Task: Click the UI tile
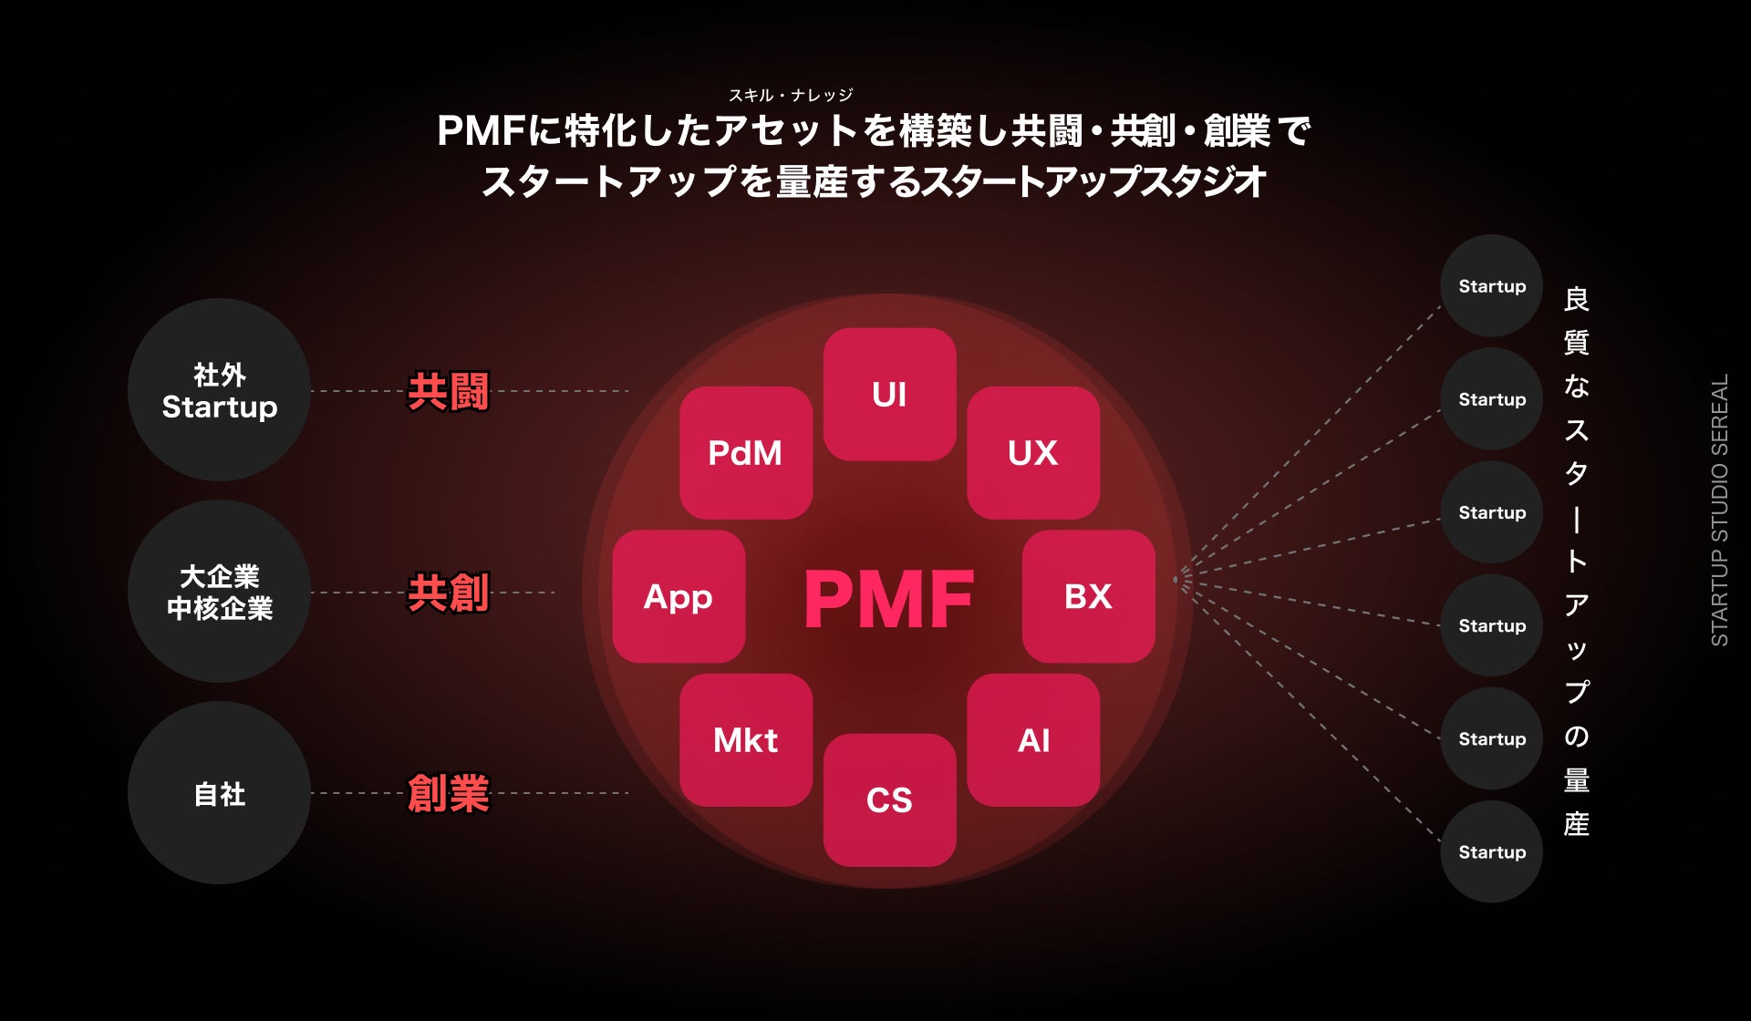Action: (x=889, y=394)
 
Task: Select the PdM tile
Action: (x=746, y=452)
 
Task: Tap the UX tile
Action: (x=1033, y=452)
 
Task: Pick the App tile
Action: (x=679, y=596)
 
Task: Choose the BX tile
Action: (x=1088, y=596)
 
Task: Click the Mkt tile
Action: (x=746, y=739)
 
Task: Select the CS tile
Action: (x=889, y=799)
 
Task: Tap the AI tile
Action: (x=1033, y=739)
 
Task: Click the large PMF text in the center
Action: (x=889, y=599)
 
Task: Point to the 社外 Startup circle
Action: (x=219, y=390)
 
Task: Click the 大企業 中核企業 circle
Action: (x=219, y=592)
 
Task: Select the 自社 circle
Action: (x=219, y=793)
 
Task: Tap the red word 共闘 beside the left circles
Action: (x=448, y=392)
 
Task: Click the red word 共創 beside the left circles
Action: (x=448, y=593)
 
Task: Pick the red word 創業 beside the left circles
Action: (x=448, y=793)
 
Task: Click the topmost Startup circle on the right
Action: (x=1491, y=286)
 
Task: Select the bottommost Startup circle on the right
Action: (x=1491, y=851)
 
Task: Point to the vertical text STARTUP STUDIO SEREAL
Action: (x=1719, y=510)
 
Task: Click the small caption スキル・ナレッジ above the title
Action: (x=790, y=95)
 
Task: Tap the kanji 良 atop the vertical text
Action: (x=1576, y=299)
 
